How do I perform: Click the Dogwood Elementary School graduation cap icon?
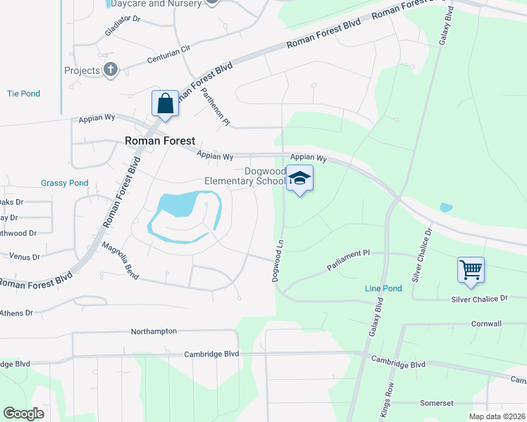point(299,178)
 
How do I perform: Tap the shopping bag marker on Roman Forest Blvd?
point(165,104)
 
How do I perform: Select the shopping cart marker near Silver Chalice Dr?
point(470,269)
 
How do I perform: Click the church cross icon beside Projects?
point(110,70)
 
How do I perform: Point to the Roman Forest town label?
point(160,141)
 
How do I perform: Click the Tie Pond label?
point(23,94)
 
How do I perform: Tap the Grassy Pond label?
point(64,183)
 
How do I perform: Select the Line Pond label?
point(383,288)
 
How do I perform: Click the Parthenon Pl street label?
point(216,106)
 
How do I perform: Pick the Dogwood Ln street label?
point(278,260)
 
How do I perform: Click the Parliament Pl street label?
point(348,260)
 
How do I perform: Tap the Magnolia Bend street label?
point(120,261)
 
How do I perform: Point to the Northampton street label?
point(154,331)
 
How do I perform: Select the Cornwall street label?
point(487,324)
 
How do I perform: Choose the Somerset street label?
point(436,402)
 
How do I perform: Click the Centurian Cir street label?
point(169,54)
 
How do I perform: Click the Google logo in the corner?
point(24,414)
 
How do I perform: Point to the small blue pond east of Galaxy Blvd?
point(445,207)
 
